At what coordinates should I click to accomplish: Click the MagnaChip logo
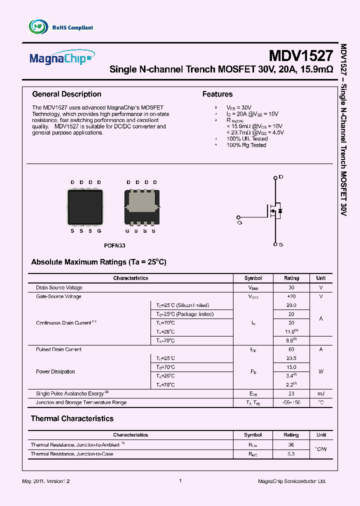pos(61,58)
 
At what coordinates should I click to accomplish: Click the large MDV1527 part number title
pos(300,55)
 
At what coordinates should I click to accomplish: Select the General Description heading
pos(66,94)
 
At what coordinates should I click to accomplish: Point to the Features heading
pos(217,94)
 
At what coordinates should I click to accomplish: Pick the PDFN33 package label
pos(114,246)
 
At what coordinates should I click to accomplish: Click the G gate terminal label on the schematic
pos(239,222)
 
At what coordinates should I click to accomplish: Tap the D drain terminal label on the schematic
pos(280,177)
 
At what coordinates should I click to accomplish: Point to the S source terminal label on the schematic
pos(280,244)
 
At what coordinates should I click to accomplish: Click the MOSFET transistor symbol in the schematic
pos(274,211)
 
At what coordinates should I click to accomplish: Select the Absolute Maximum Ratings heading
pos(98,262)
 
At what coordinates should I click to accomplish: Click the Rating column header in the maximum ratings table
pos(291,278)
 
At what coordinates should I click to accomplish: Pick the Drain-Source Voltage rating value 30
pos(291,287)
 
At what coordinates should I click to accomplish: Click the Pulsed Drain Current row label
pos(58,349)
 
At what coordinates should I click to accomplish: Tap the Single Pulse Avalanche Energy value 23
pos(291,393)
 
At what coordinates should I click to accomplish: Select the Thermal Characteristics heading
pos(72,418)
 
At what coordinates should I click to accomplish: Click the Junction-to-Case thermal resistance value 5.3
pos(291,453)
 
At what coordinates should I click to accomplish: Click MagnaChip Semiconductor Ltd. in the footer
pos(291,481)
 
